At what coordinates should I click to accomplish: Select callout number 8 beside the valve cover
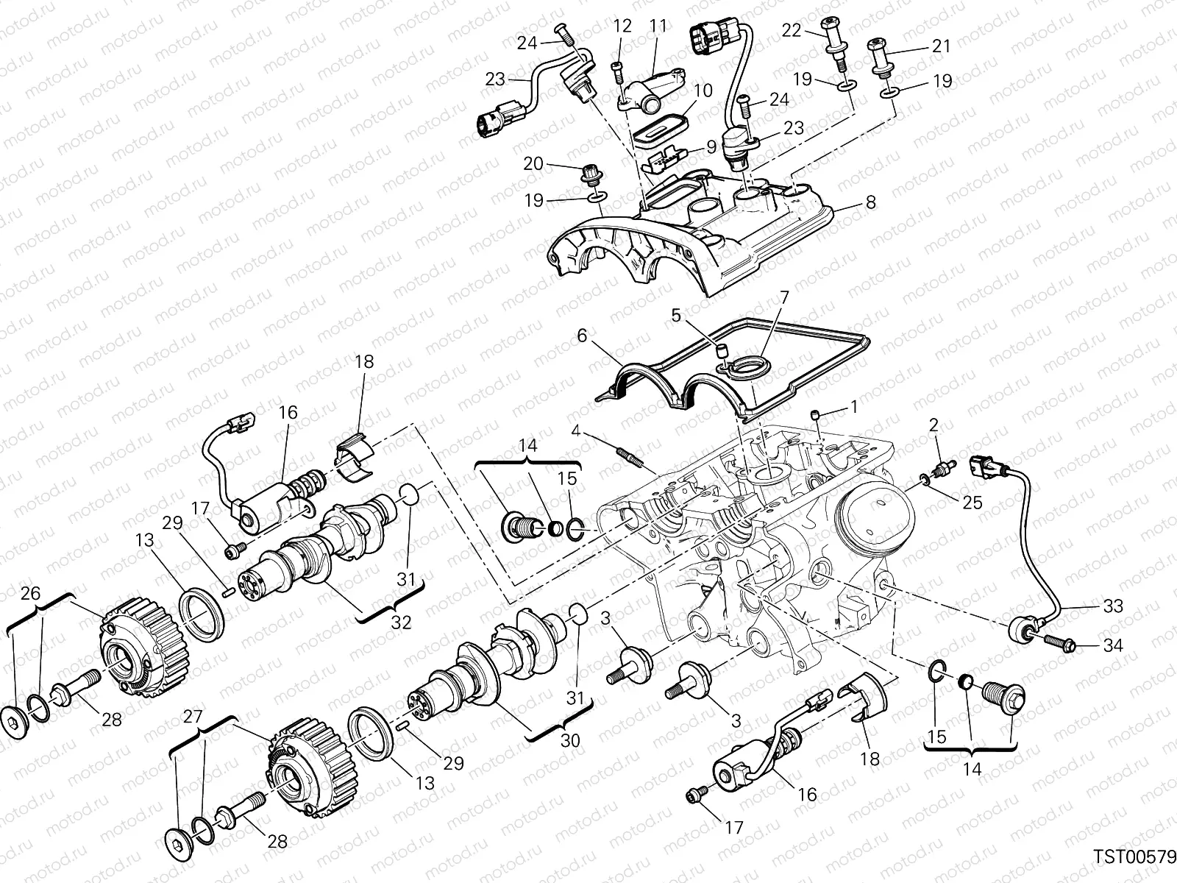871,202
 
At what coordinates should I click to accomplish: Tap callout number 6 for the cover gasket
582,335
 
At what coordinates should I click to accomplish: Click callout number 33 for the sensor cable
1113,606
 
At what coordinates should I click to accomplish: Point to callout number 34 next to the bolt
1113,646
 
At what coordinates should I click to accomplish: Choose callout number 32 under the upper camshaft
401,623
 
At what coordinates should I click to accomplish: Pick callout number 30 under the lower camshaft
570,740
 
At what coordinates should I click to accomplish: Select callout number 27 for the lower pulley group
191,717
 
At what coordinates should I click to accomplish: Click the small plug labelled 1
814,416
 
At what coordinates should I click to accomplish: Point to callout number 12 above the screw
622,26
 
